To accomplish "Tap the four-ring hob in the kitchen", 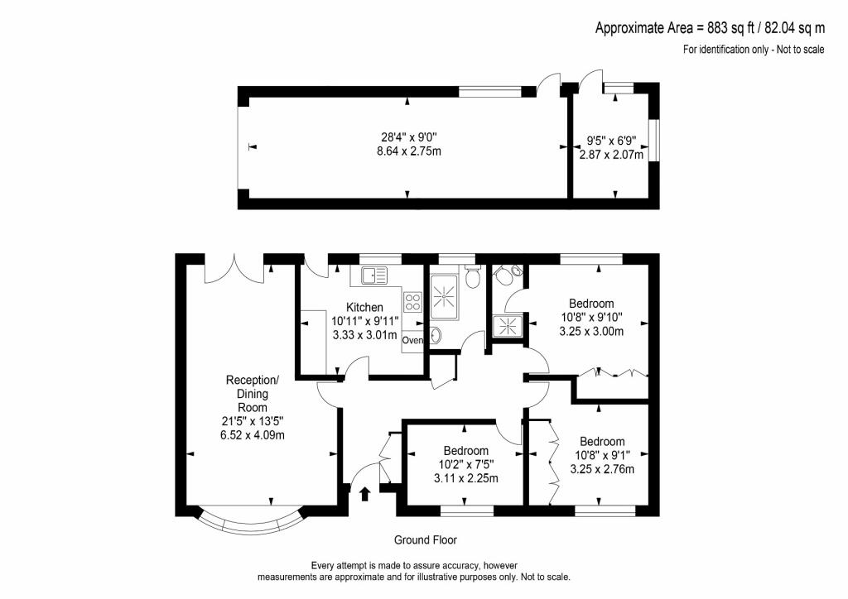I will click(x=413, y=302).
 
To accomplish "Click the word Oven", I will click(x=412, y=340).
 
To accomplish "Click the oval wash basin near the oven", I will click(x=436, y=335).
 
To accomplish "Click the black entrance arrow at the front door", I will click(x=365, y=494).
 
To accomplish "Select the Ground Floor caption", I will click(x=425, y=540).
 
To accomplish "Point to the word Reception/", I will click(x=253, y=380).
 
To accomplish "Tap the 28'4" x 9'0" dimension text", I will click(x=407, y=137).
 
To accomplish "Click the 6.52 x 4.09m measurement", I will click(x=253, y=434).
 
